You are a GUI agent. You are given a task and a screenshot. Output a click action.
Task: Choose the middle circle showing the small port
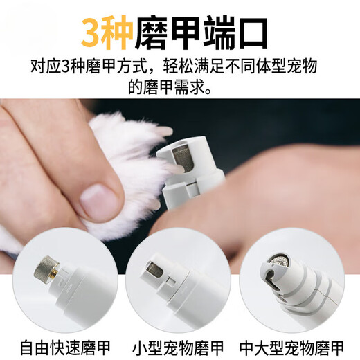[180, 276]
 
